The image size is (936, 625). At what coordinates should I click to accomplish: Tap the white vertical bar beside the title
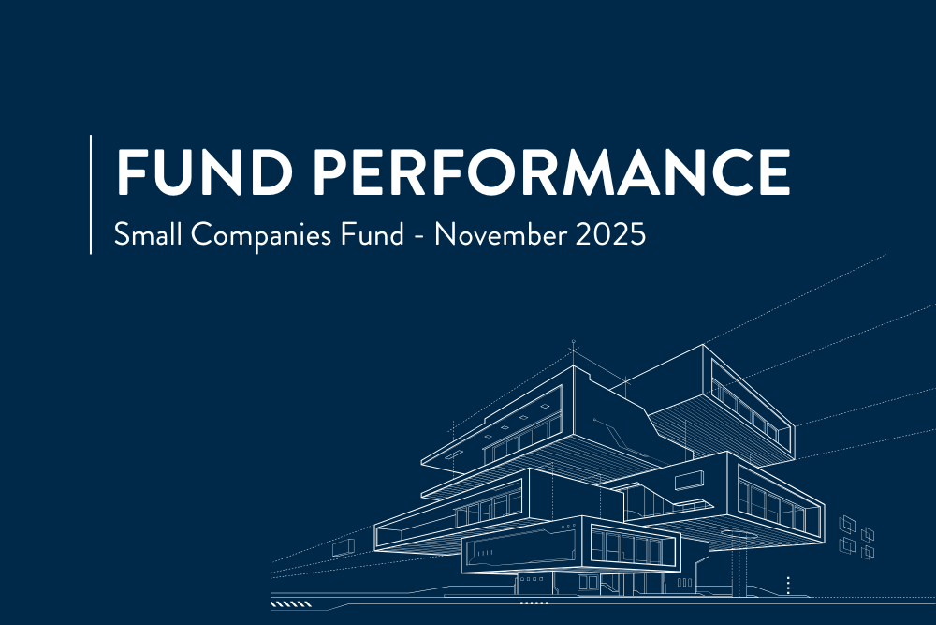[x=91, y=194]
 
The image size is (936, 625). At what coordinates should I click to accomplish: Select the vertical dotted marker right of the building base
[x=789, y=586]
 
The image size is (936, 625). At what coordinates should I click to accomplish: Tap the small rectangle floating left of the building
[x=343, y=545]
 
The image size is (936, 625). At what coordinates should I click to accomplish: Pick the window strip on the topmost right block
[x=750, y=409]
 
